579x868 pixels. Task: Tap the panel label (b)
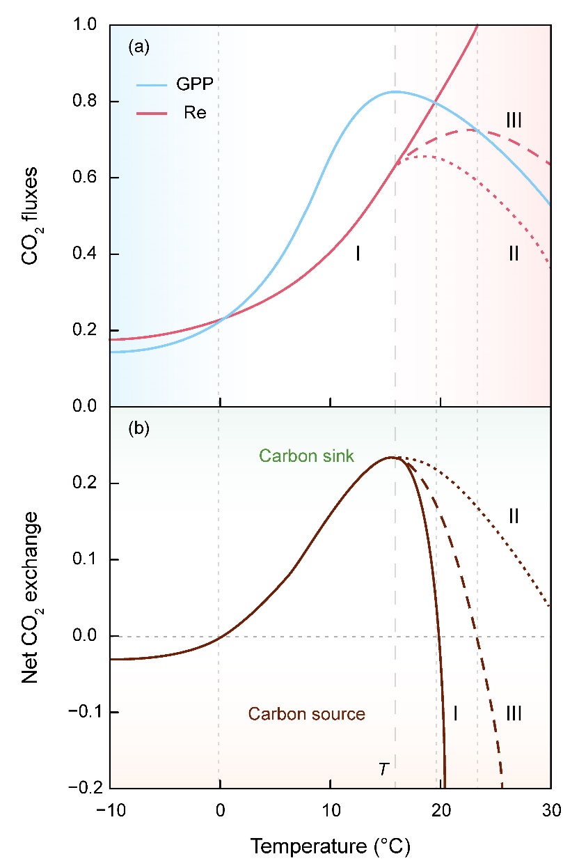138,429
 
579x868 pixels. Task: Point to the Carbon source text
307,714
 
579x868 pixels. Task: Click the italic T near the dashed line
383,768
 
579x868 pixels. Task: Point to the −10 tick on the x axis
110,812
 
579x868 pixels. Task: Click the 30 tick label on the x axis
550,812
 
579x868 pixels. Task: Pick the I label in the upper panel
358,254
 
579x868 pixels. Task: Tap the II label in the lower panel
514,516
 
